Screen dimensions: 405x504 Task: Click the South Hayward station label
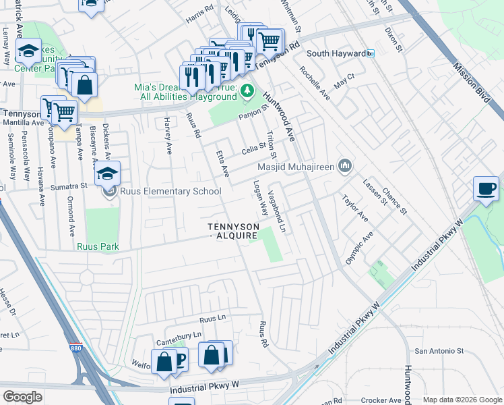pos(335,53)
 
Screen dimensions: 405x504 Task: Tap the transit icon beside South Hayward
pos(370,53)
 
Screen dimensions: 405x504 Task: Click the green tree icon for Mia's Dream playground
pos(247,90)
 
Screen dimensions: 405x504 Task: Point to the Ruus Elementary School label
pos(170,192)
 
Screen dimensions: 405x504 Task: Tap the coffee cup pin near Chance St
pos(485,189)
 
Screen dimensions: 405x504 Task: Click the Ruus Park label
pos(98,247)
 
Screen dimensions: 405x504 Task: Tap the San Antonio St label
pos(439,351)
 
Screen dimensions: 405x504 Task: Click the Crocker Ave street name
pos(381,400)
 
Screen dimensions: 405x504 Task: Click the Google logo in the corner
pos(22,397)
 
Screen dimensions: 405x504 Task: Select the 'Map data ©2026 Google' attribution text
pos(462,400)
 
